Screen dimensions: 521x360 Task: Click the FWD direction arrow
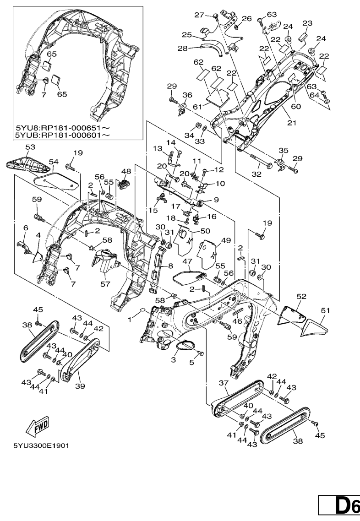38,427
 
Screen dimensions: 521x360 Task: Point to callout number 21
292,123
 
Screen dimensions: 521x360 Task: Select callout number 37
224,382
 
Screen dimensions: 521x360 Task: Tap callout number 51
324,310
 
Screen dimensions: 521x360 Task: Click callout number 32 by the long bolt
256,174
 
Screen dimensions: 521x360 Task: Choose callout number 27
198,15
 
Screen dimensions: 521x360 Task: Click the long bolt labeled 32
261,162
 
